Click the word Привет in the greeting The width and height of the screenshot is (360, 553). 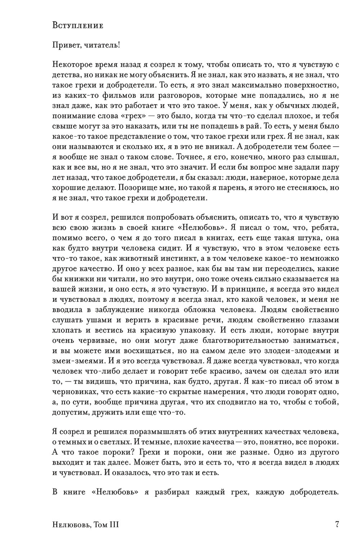64,45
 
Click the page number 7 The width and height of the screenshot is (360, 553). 337,525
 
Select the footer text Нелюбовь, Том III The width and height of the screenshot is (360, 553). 86,525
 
